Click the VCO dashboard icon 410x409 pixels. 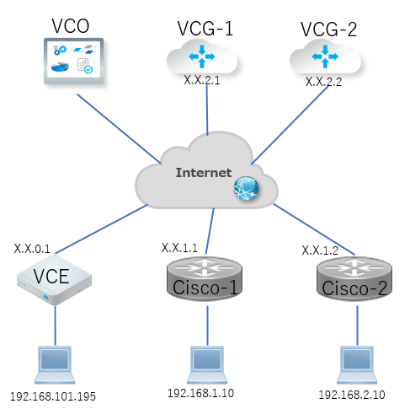(x=73, y=62)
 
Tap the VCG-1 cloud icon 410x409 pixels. (x=202, y=57)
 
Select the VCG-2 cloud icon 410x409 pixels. (x=325, y=57)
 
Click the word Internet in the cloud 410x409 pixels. (x=204, y=173)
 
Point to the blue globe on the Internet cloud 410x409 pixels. (x=246, y=188)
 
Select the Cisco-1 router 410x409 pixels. (x=205, y=278)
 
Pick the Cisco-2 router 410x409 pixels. (x=354, y=278)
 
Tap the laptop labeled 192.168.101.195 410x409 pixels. (x=55, y=365)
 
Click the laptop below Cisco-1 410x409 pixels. (x=207, y=365)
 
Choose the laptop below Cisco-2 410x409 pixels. (x=357, y=365)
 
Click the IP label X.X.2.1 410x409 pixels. (x=202, y=80)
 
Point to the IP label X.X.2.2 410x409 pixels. (x=323, y=82)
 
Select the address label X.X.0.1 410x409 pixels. (x=32, y=249)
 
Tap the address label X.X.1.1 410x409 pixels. (x=179, y=248)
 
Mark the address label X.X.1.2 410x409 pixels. (x=320, y=250)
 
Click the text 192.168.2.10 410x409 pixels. (x=352, y=395)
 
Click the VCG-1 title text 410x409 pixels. (x=205, y=29)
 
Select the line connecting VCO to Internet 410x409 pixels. (x=119, y=129)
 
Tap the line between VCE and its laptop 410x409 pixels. (x=55, y=326)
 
